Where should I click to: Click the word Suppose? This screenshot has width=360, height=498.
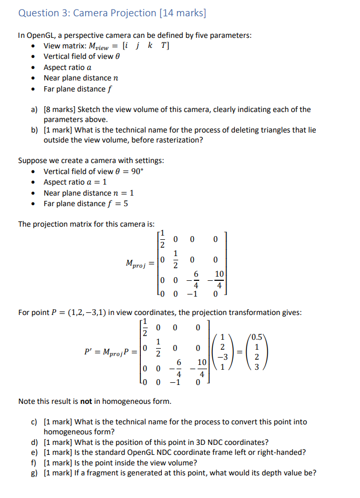tap(33, 160)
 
